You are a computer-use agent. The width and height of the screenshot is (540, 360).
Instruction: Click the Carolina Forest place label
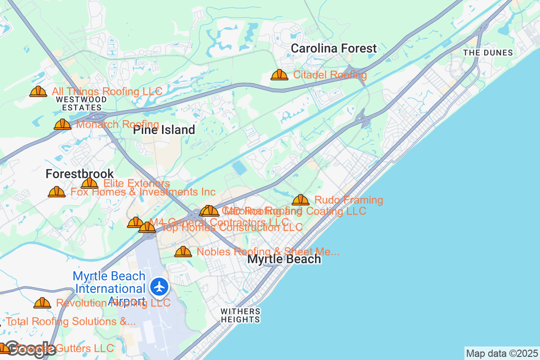333,49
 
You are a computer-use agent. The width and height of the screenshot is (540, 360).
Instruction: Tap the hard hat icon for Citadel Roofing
279,75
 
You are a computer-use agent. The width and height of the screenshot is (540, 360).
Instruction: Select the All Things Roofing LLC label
107,91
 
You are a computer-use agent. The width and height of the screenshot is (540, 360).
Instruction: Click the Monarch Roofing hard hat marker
63,124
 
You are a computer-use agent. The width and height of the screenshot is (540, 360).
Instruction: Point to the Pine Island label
164,130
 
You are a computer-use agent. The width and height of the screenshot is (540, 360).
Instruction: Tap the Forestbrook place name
80,174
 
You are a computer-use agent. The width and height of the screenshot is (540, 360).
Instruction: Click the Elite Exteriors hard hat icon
90,183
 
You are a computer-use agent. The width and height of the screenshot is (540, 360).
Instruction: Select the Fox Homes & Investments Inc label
143,192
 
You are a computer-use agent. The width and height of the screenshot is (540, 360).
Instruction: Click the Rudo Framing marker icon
301,200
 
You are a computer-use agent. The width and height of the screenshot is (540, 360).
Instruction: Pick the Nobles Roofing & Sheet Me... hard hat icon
183,252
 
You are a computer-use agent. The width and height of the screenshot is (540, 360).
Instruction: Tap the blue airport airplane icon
159,287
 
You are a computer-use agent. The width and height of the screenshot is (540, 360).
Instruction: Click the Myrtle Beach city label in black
284,259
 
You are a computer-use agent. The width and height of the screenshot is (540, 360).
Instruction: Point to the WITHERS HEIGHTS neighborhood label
240,315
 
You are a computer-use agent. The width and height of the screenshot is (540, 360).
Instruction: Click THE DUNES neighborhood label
488,53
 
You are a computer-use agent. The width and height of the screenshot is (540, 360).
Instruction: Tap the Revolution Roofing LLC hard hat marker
42,303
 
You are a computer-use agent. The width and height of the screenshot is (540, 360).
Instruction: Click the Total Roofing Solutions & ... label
71,321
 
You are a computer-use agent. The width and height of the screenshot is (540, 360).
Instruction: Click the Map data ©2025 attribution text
501,353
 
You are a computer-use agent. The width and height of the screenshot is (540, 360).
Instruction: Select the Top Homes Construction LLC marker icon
147,227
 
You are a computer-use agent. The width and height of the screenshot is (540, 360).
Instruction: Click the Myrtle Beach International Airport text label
109,288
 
